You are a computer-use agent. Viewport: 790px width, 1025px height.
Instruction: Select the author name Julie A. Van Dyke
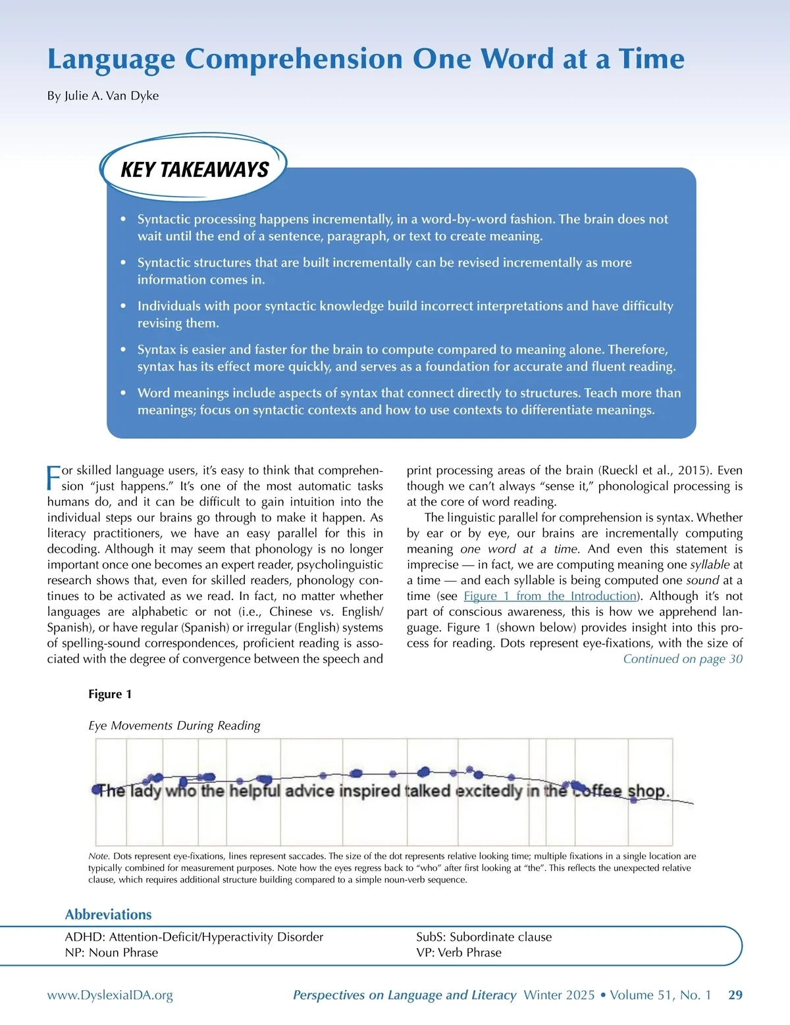click(x=103, y=95)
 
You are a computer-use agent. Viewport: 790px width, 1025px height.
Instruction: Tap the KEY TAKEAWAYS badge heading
click(x=194, y=170)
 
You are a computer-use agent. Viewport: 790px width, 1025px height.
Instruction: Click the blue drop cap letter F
click(x=53, y=477)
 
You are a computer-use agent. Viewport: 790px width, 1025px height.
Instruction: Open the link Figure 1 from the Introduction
click(x=550, y=596)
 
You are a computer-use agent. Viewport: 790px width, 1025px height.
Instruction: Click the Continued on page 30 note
click(x=683, y=659)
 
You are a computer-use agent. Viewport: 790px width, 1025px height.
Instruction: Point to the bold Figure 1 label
click(x=110, y=694)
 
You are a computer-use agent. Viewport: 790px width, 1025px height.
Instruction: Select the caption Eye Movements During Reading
click(x=174, y=726)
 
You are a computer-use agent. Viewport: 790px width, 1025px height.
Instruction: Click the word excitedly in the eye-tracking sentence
click(x=488, y=790)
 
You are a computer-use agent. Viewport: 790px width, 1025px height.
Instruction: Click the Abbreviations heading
click(x=108, y=914)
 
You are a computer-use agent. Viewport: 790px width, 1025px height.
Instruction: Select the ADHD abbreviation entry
click(x=194, y=937)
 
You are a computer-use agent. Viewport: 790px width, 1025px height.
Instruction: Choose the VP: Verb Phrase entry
click(x=459, y=953)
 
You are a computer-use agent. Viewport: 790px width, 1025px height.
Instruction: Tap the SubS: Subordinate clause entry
click(x=484, y=937)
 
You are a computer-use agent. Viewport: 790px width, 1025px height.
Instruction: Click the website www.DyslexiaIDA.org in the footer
click(x=110, y=995)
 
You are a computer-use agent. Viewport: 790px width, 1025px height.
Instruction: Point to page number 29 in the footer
click(x=735, y=995)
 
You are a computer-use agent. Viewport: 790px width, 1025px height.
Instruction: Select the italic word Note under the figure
click(x=99, y=857)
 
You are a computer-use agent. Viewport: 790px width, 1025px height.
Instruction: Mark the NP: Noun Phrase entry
click(x=111, y=953)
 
